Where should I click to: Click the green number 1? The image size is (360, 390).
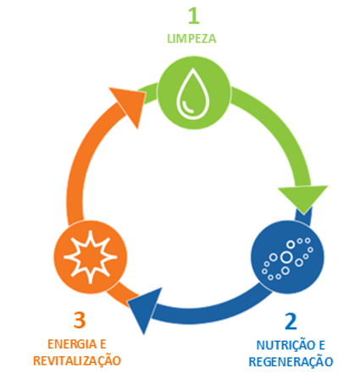click(x=194, y=16)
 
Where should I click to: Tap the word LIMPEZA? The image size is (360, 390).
click(x=191, y=39)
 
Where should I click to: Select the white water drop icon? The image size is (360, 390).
click(x=193, y=93)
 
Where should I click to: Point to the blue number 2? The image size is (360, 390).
click(x=291, y=321)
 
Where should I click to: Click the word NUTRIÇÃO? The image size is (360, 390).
click(x=285, y=345)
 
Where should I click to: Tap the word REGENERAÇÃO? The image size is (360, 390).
click(x=291, y=362)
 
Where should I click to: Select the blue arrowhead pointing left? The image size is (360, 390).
click(x=146, y=310)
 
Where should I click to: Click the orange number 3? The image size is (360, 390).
click(x=80, y=320)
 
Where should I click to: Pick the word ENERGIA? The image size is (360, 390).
click(x=72, y=344)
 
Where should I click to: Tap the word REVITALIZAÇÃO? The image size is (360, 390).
click(x=77, y=360)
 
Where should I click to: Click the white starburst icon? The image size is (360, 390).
click(x=91, y=257)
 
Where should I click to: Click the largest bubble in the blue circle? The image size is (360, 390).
click(x=286, y=257)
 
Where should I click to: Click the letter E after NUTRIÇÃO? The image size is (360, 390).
click(x=322, y=346)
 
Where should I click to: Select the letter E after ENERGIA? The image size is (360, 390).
click(x=103, y=344)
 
